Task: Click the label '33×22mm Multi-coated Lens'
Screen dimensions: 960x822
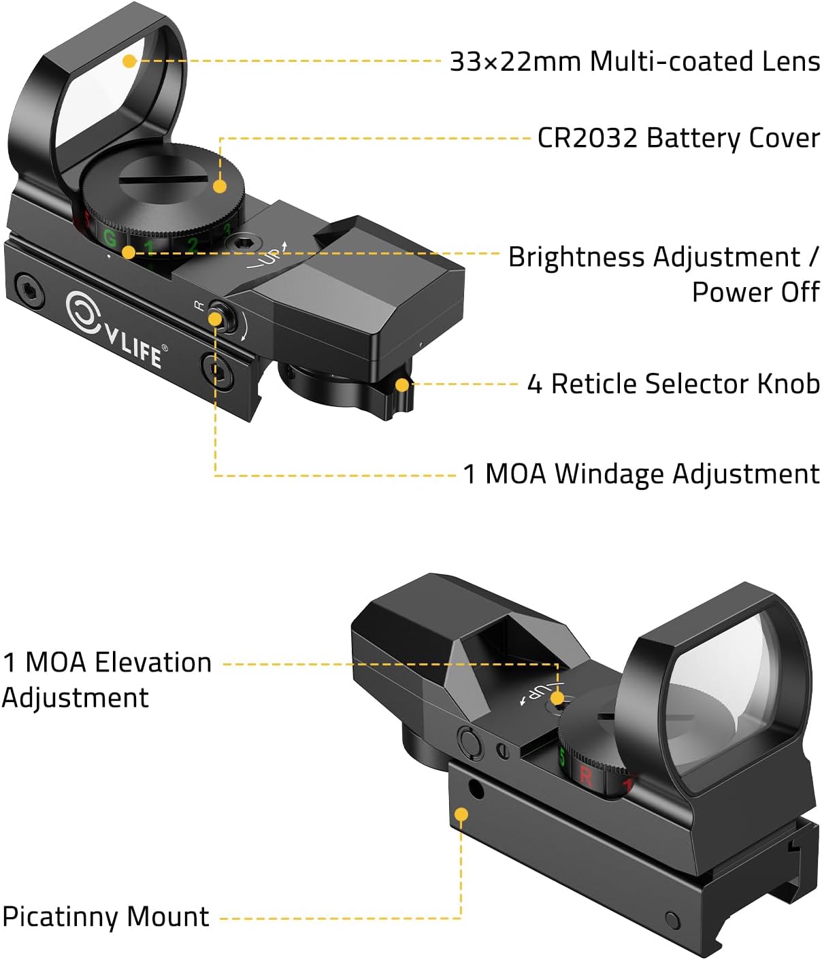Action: pos(634,61)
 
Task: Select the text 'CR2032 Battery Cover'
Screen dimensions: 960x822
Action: pos(678,138)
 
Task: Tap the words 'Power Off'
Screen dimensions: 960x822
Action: pos(755,292)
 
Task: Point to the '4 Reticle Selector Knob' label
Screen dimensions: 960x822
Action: pos(673,384)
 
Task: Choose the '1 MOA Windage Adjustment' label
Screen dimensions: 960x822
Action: pos(641,474)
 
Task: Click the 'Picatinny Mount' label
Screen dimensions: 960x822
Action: pos(105,916)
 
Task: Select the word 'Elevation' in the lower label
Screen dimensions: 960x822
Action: pos(153,662)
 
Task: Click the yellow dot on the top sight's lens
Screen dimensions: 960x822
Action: pos(129,61)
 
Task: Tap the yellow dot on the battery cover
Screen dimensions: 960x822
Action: pos(219,186)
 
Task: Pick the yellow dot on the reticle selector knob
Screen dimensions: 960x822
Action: pos(402,385)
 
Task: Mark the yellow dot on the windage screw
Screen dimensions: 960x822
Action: pos(215,318)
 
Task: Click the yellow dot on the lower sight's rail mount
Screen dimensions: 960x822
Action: pos(461,814)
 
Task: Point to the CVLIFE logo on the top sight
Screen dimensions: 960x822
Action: pos(116,329)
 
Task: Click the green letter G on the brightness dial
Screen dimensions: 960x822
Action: pos(109,237)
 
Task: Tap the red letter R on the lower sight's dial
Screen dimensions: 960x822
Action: pos(585,775)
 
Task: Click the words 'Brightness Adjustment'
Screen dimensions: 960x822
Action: pos(654,257)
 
